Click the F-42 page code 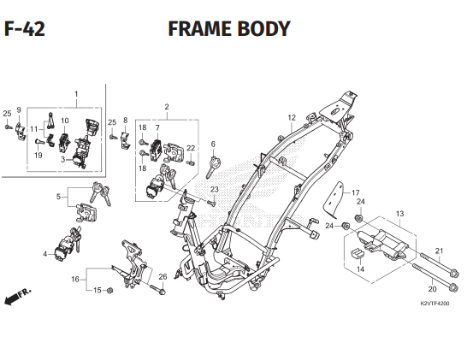(x=25, y=29)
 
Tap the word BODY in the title (x=260, y=29)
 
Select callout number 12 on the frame (x=292, y=118)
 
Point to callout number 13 (x=399, y=214)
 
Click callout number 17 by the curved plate (x=356, y=192)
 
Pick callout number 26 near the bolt (x=163, y=276)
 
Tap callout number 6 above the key (x=213, y=145)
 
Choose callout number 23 (x=214, y=189)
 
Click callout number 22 (x=191, y=148)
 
